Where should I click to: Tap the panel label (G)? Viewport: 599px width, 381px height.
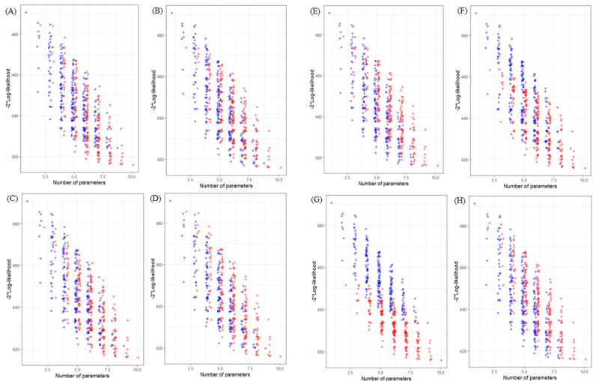pyautogui.click(x=308, y=199)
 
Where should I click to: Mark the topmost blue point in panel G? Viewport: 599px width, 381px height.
pyautogui.click(x=332, y=202)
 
